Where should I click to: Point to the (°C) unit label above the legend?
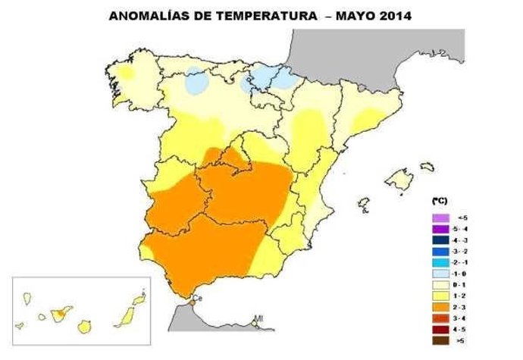[439, 202]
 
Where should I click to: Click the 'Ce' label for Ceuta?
[199, 299]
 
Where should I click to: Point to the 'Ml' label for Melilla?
[258, 318]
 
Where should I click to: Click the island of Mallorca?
[399, 180]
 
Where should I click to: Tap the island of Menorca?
[427, 166]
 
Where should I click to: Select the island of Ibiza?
[363, 203]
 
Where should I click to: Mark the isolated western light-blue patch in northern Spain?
[196, 80]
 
